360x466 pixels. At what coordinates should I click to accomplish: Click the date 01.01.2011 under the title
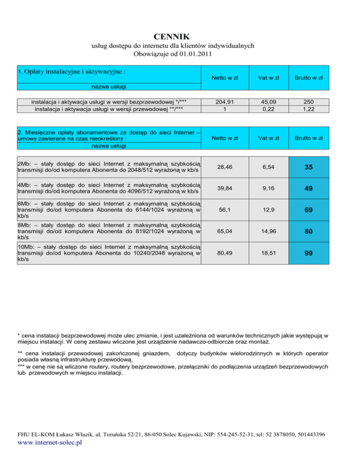click(x=193, y=54)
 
